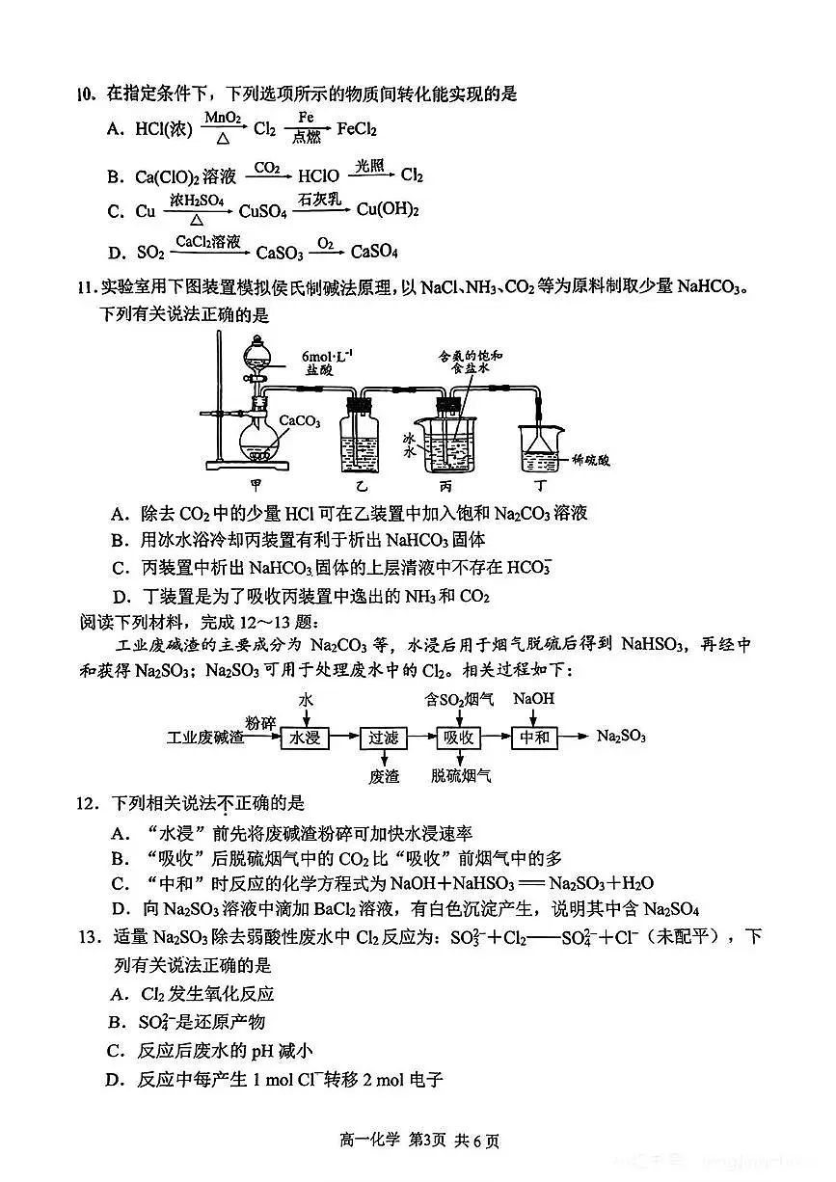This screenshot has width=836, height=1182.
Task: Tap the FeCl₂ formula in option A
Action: click(x=356, y=129)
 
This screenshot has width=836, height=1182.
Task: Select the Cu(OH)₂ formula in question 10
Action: click(x=388, y=210)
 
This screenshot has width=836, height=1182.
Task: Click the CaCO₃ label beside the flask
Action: click(x=300, y=420)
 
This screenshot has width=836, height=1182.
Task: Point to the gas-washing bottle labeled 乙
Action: click(x=363, y=440)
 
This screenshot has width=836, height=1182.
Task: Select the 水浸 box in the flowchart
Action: click(x=306, y=738)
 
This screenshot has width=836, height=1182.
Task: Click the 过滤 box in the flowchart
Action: click(x=383, y=738)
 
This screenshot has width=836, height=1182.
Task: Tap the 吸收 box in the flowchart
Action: click(x=459, y=738)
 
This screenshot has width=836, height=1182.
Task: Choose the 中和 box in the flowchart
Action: click(x=534, y=738)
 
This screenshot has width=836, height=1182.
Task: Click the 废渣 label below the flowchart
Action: click(x=384, y=776)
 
